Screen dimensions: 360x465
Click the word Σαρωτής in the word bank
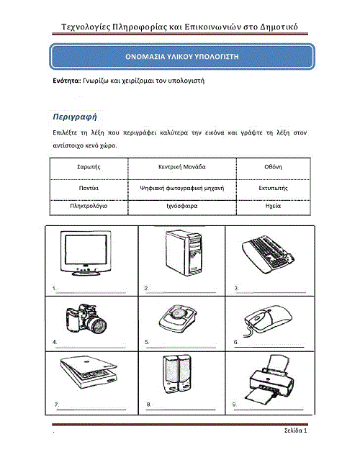pos(89,167)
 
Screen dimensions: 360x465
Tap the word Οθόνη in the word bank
pos(273,167)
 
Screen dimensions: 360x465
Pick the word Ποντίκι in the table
pos(89,188)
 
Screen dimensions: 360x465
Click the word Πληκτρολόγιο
pos(89,206)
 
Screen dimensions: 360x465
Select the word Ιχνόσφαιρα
pos(182,206)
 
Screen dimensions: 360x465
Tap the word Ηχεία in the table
pos(273,206)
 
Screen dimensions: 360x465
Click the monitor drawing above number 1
pos(86,253)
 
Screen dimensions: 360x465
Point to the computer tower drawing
pos(184,253)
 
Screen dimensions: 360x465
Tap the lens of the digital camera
pos(99,325)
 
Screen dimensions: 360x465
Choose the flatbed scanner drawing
pos(89,372)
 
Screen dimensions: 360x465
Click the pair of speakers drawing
pos(177,374)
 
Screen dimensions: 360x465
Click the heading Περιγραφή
pos(75,117)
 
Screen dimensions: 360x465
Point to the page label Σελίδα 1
pos(295,430)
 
